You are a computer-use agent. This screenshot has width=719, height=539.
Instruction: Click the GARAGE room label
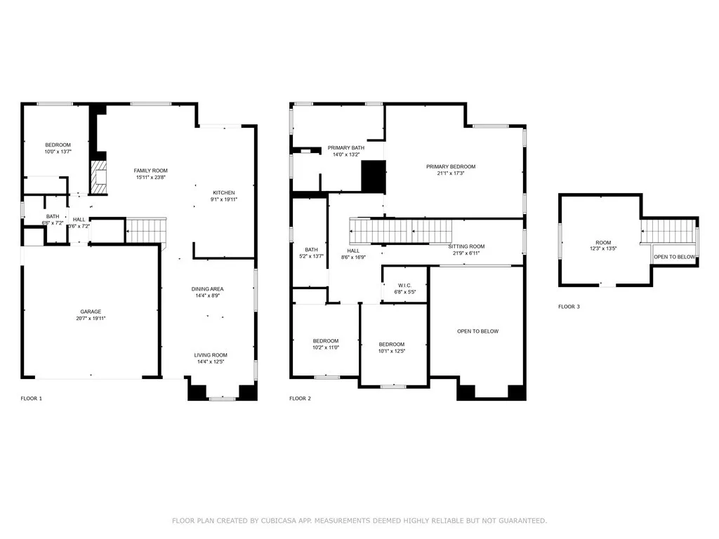coord(91,311)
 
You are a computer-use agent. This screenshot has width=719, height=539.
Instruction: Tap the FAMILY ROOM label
coord(151,171)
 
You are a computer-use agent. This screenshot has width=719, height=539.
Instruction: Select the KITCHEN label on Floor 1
coord(224,192)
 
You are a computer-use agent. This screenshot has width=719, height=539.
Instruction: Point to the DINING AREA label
coord(207,289)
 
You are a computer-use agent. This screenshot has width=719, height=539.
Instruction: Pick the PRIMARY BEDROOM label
coord(450,166)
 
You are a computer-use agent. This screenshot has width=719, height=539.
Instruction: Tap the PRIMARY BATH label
coord(345,147)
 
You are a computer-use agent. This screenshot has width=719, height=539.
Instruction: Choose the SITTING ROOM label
coord(466,246)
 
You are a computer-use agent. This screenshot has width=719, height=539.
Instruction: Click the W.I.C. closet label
coord(404,285)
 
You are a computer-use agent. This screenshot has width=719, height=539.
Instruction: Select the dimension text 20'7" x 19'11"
coord(91,319)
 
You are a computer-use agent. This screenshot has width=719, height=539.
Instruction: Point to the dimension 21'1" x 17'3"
coord(450,173)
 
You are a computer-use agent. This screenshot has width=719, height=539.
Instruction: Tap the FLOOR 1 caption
coord(31,399)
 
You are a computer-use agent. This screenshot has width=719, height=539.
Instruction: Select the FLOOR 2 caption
coord(300,399)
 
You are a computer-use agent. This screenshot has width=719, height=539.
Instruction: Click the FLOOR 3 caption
coord(569,307)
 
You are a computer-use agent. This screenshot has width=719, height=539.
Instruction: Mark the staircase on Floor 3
coord(668,229)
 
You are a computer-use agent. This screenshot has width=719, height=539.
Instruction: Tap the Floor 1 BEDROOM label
coord(58,145)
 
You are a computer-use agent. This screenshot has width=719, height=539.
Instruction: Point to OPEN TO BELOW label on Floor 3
coord(674,257)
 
